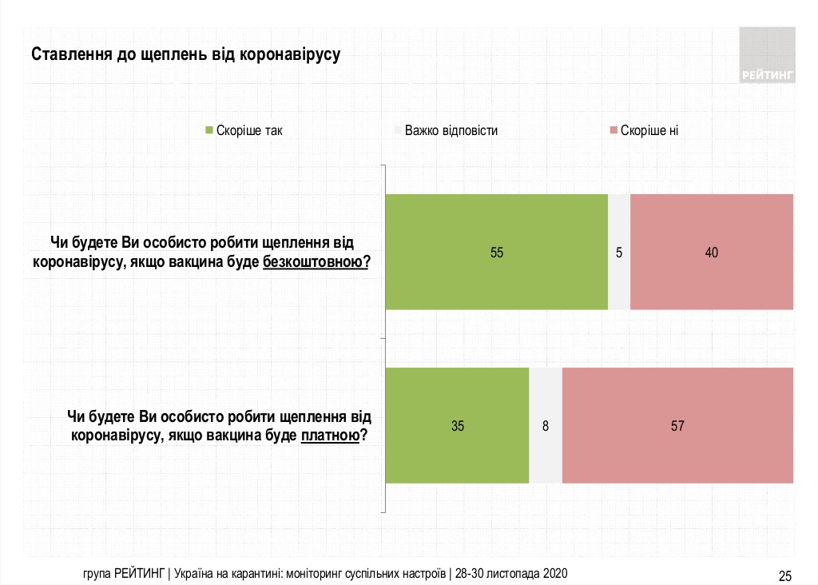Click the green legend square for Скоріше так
click(x=209, y=130)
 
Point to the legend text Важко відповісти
click(x=451, y=130)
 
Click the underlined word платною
click(x=329, y=436)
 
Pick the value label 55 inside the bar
click(x=497, y=253)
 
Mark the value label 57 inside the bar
click(x=677, y=426)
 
